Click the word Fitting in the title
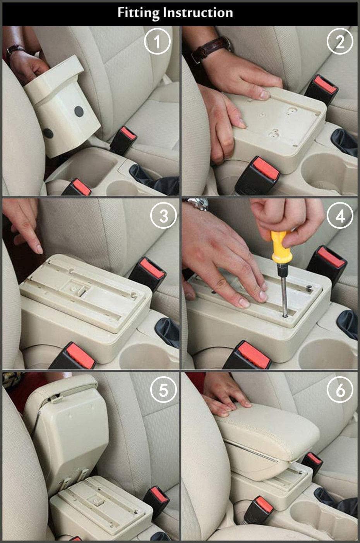(138, 13)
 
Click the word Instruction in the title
(198, 13)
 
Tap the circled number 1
(157, 42)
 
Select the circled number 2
(340, 42)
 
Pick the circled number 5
(163, 390)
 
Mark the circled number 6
(340, 390)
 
